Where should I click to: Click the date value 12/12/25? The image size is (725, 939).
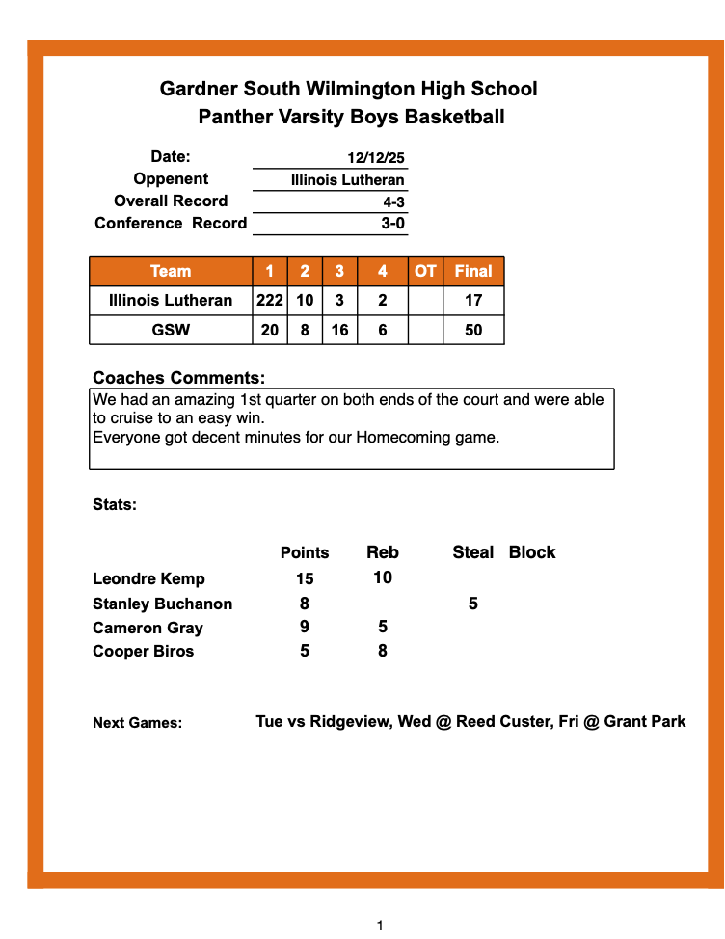coord(376,158)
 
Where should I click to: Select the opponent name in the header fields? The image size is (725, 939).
coord(347,180)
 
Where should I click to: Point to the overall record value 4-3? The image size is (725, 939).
coord(393,202)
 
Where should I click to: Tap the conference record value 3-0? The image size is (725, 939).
coord(393,225)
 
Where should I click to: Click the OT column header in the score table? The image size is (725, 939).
coord(425,271)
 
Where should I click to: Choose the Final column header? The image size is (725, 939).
coord(473,271)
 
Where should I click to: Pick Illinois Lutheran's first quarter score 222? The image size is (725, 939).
coord(270,300)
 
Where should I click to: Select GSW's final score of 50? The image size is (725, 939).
coord(473,330)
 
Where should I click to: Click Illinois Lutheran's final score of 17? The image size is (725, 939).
coord(473,300)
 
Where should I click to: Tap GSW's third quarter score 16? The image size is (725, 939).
coord(339,330)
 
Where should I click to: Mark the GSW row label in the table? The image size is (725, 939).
coord(171,330)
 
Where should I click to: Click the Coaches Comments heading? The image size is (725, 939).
coord(178,378)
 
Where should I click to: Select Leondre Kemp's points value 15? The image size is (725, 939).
coord(305,579)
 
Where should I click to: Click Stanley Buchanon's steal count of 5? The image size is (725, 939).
coord(472,604)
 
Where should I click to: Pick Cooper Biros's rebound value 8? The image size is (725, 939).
coord(383,651)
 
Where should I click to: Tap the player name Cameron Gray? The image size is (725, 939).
coord(148,628)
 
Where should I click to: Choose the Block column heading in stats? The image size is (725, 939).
coord(532,552)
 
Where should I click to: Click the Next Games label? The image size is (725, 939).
coord(137,723)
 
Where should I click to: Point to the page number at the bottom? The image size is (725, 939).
coord(380,926)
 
